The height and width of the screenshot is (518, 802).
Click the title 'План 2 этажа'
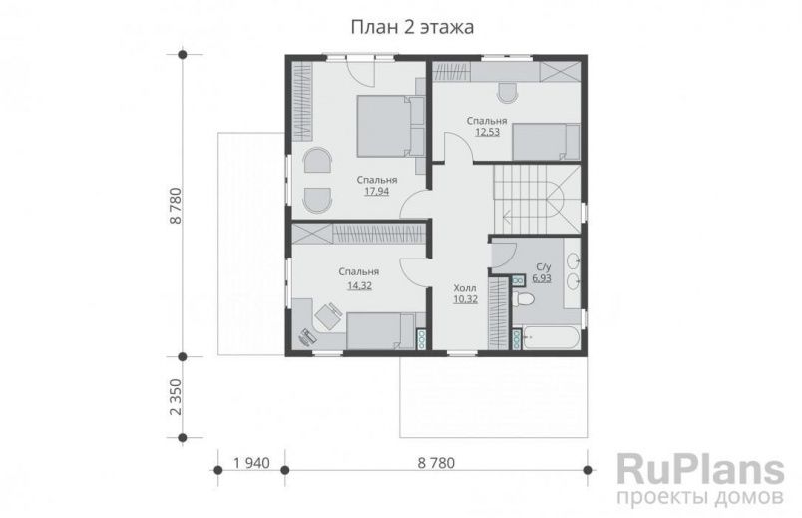[x=411, y=28]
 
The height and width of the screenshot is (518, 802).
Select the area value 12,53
[x=486, y=132]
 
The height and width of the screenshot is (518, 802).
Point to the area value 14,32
[x=358, y=284]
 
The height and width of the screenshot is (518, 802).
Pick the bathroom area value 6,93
[x=542, y=278]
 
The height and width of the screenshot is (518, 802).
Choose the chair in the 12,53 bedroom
[x=505, y=93]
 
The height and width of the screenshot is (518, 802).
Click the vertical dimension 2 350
[x=176, y=397]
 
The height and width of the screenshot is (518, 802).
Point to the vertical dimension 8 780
[x=176, y=205]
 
